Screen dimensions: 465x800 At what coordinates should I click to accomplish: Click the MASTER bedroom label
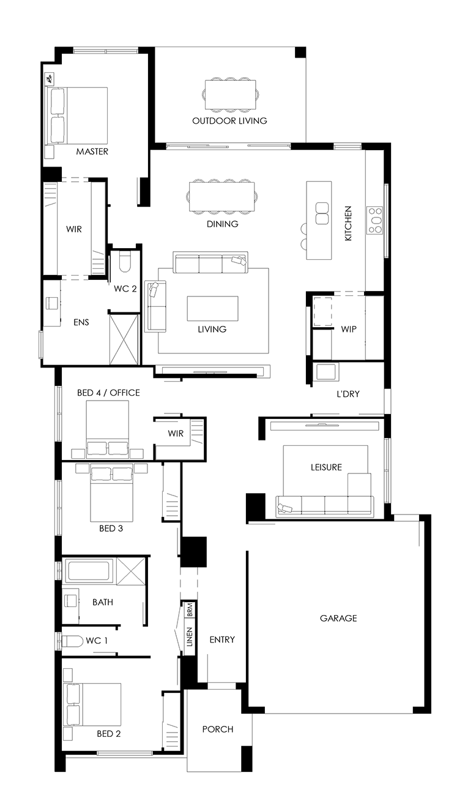(x=92, y=151)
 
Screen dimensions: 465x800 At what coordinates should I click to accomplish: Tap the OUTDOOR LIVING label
(x=229, y=121)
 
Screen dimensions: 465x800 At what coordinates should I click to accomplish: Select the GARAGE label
(x=338, y=618)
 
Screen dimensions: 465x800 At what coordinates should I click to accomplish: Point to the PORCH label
(x=218, y=730)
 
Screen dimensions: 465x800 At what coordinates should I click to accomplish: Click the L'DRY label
(x=348, y=394)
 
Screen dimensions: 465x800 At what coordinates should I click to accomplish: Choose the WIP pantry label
(x=349, y=329)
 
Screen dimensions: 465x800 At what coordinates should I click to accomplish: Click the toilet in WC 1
(x=72, y=641)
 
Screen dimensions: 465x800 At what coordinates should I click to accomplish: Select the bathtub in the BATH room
(x=89, y=571)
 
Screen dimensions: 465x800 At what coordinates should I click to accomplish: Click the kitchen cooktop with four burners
(x=374, y=221)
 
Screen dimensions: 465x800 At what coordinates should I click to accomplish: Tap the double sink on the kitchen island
(x=322, y=213)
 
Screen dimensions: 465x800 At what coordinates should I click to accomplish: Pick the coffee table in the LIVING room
(x=213, y=309)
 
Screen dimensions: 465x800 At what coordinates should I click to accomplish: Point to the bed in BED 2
(x=92, y=704)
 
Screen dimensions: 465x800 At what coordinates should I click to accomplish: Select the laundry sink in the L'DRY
(x=325, y=372)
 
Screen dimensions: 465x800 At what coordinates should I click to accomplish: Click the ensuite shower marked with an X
(x=124, y=339)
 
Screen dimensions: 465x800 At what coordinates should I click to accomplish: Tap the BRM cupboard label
(x=190, y=609)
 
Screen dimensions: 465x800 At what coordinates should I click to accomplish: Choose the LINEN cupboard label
(x=190, y=637)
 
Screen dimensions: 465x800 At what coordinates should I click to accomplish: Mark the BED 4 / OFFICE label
(x=108, y=393)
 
